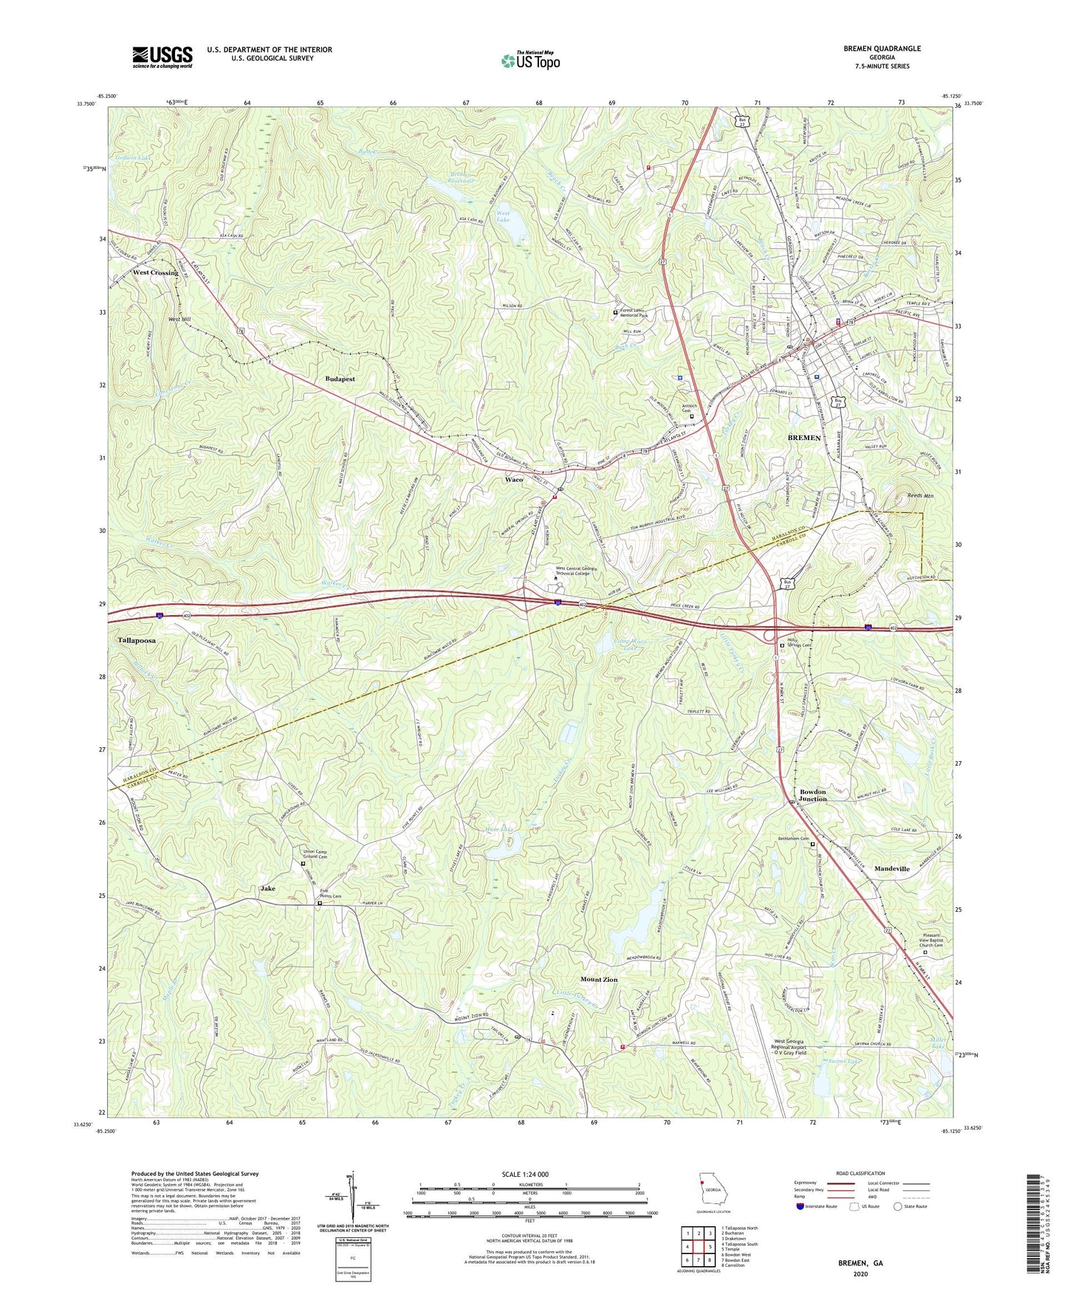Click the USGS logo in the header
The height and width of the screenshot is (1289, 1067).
[162, 56]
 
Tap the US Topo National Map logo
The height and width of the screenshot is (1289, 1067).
[530, 61]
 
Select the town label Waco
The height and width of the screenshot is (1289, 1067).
[514, 479]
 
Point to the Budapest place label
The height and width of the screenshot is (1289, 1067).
[340, 379]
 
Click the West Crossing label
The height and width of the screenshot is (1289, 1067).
[155, 272]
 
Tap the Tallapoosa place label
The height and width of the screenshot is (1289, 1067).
[137, 641]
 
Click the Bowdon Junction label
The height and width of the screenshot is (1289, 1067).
[812, 795]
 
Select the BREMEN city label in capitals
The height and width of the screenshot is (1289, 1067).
[803, 438]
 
